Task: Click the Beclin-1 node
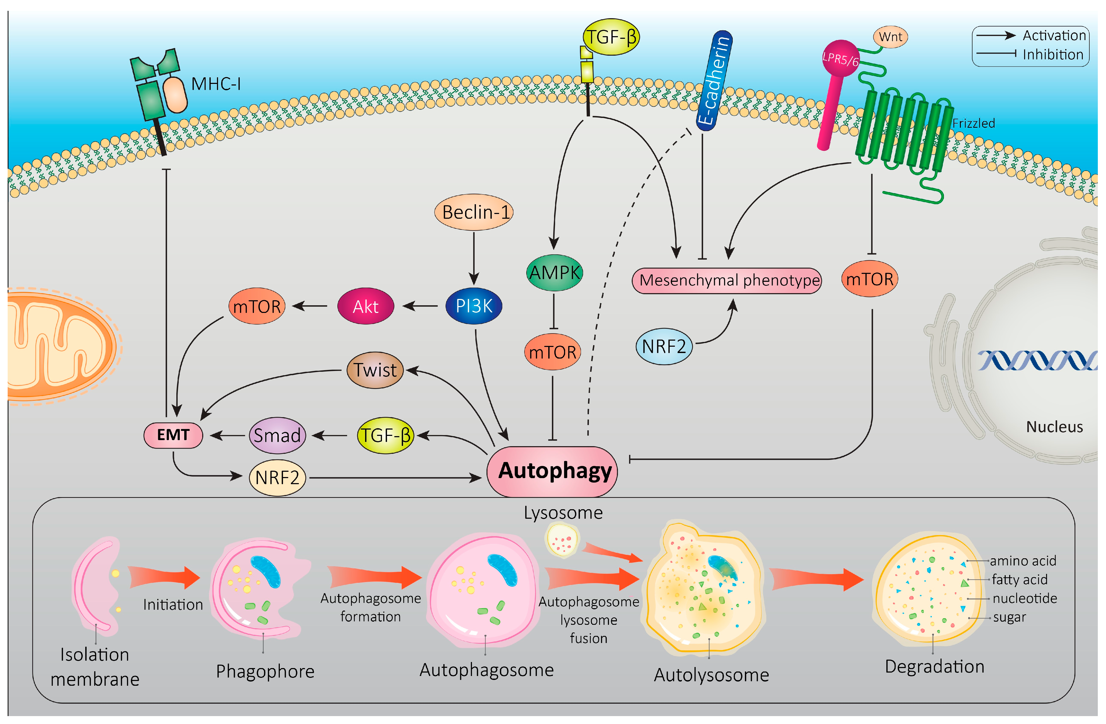tap(474, 212)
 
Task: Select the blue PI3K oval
tap(474, 306)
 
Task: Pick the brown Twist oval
tap(375, 370)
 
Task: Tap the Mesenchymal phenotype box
tap(727, 280)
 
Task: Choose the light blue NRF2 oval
tap(664, 346)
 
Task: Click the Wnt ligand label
tap(890, 37)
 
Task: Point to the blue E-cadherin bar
tap(714, 81)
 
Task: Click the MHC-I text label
tap(216, 84)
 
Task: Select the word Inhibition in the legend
tap(1053, 55)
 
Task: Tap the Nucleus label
tap(1055, 427)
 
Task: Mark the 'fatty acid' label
tap(1020, 580)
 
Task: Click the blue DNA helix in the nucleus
tap(1037, 360)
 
